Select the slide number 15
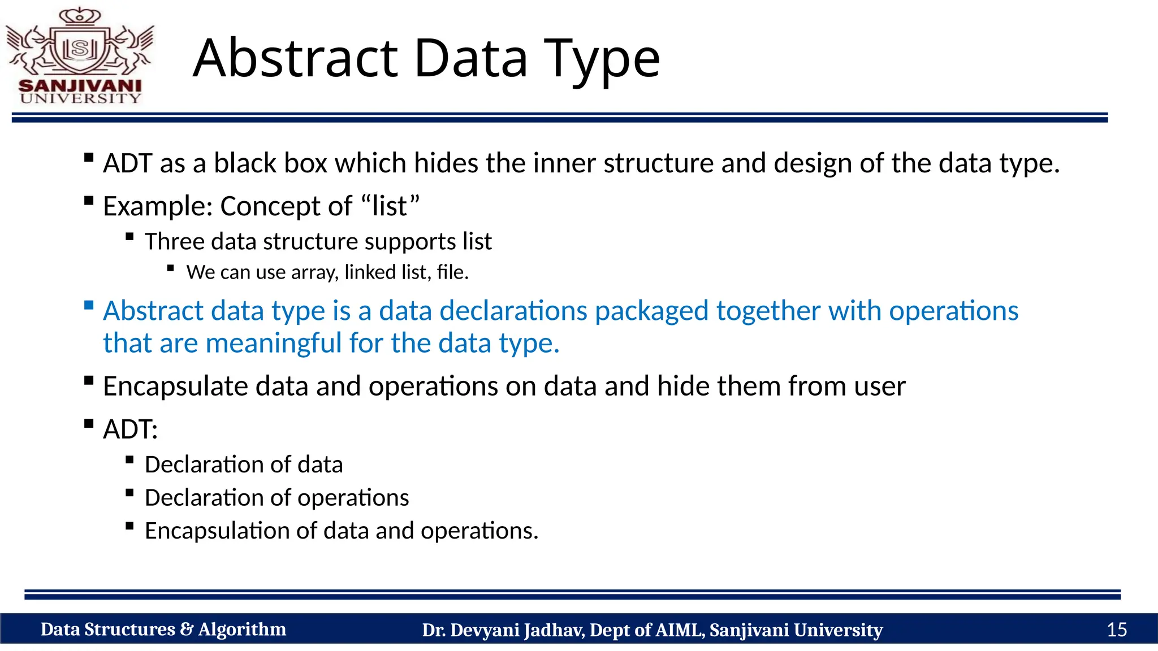click(1116, 630)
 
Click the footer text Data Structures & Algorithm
click(163, 630)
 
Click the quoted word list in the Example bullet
click(390, 206)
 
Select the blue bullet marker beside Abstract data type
click(89, 306)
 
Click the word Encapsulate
click(175, 387)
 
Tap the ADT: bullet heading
click(130, 429)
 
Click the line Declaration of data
click(243, 465)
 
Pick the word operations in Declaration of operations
click(353, 498)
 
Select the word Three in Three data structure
click(174, 242)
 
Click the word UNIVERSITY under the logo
click(80, 98)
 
